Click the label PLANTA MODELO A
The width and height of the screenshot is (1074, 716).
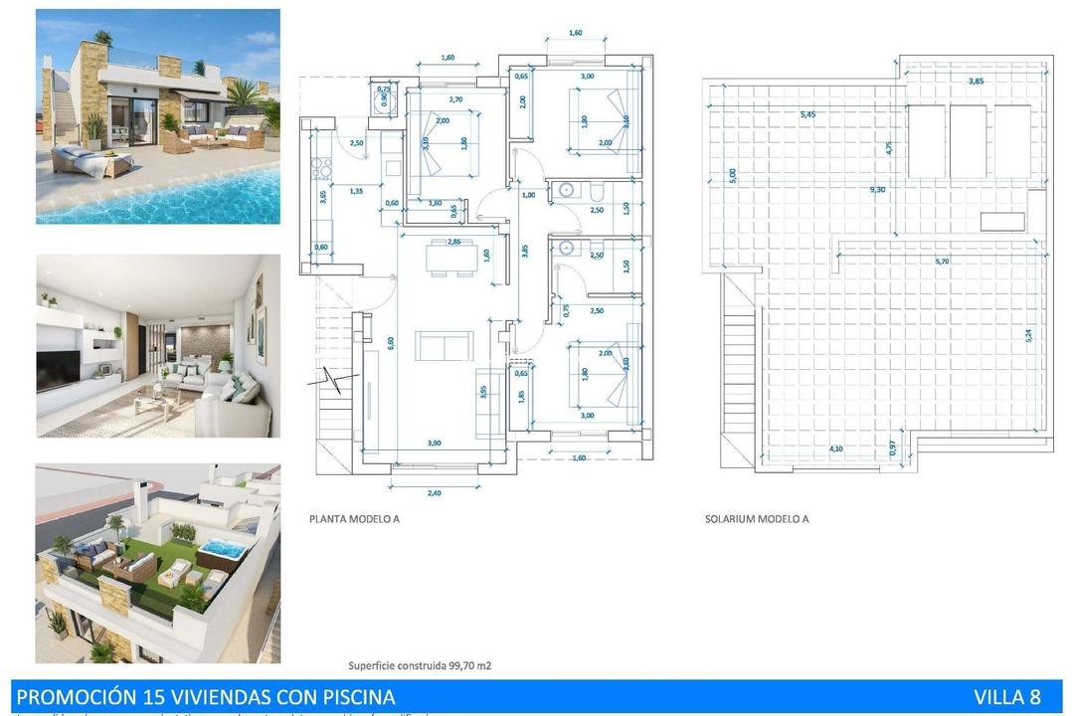pyautogui.click(x=354, y=519)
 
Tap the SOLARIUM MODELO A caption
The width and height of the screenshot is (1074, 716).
pyautogui.click(x=756, y=519)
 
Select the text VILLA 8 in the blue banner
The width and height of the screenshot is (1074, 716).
pyautogui.click(x=1006, y=697)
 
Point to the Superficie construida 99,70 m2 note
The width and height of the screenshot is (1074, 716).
pyautogui.click(x=419, y=665)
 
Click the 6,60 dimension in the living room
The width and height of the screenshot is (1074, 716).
pyautogui.click(x=390, y=342)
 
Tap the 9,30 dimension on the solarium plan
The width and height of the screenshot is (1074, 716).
pyautogui.click(x=877, y=189)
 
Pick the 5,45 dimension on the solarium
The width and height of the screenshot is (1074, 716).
pyautogui.click(x=807, y=114)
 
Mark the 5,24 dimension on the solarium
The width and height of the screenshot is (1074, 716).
pyautogui.click(x=1028, y=336)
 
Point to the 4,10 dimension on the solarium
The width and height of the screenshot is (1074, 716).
pyautogui.click(x=837, y=448)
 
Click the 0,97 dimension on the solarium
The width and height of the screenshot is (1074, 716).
pyautogui.click(x=892, y=448)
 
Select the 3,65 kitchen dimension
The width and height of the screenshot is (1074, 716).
pyautogui.click(x=322, y=197)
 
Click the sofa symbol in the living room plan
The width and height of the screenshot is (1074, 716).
pyautogui.click(x=444, y=346)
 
